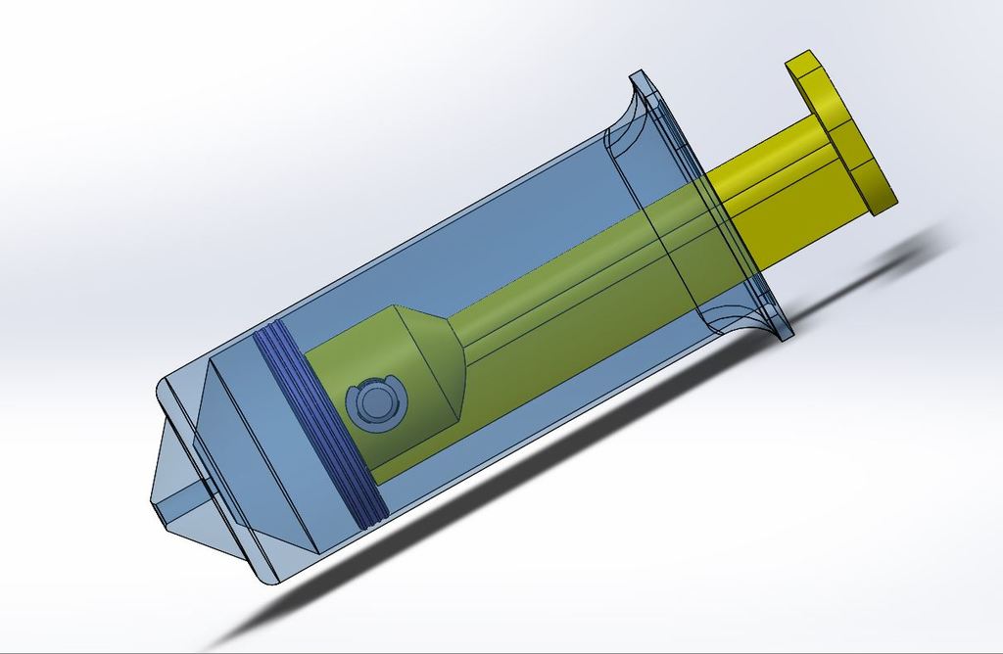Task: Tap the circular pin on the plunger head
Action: pyautogui.click(x=374, y=402)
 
